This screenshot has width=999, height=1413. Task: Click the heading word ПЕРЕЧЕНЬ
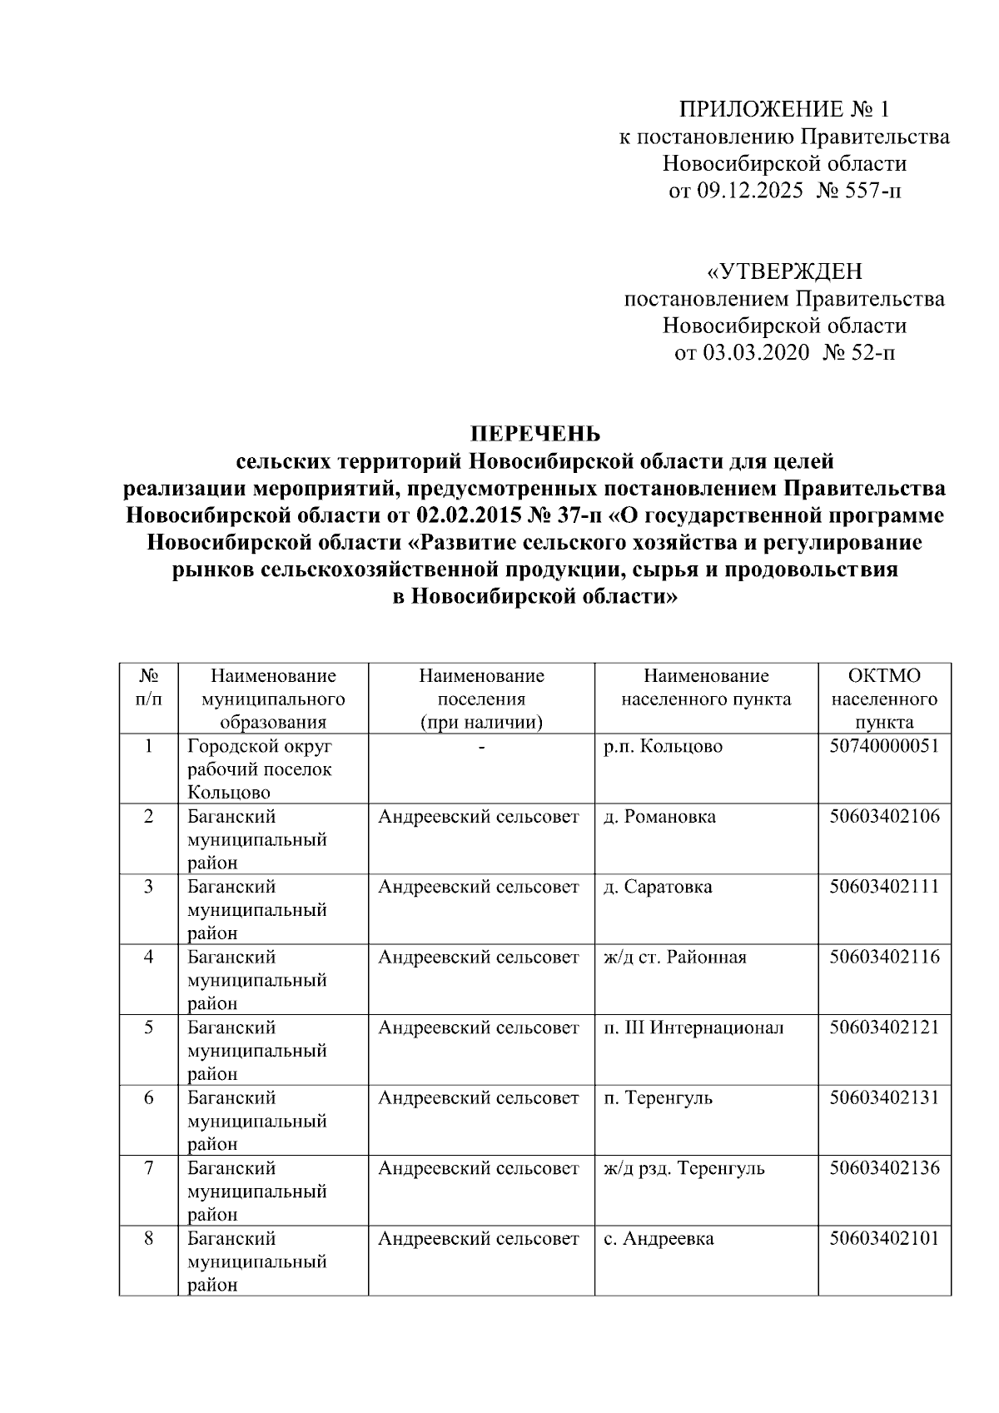[535, 434]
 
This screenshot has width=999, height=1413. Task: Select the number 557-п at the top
[876, 192]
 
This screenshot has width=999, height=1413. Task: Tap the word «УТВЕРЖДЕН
[784, 272]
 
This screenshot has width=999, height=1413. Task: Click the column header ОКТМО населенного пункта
[884, 699]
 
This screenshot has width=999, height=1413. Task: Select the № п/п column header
[148, 687]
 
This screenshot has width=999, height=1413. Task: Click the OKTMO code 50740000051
[884, 746]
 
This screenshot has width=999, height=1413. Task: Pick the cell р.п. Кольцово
[663, 747]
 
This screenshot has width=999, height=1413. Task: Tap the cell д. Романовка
[659, 817]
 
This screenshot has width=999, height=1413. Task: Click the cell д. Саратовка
[658, 887]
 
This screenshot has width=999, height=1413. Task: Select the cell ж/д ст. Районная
[675, 958]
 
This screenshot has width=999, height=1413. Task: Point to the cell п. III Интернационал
[693, 1027]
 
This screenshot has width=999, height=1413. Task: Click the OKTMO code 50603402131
[884, 1098]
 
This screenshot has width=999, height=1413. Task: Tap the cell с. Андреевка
[659, 1239]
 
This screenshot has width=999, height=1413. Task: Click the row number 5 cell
[148, 1027]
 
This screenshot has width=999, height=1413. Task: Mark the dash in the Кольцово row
[481, 747]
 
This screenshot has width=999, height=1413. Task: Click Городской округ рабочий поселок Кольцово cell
[259, 769]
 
